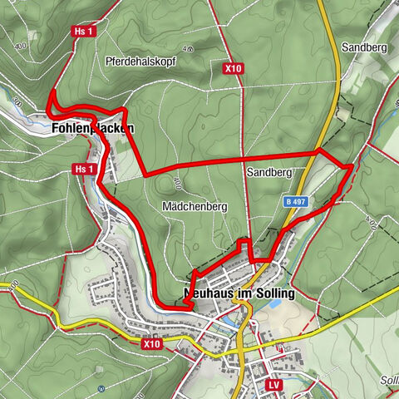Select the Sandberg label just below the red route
268,172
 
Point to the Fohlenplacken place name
91,129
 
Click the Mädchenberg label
187,205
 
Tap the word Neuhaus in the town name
206,293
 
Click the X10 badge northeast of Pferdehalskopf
233,69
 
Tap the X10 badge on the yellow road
150,342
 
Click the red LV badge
273,386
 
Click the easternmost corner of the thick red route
352,166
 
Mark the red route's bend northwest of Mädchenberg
145,174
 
